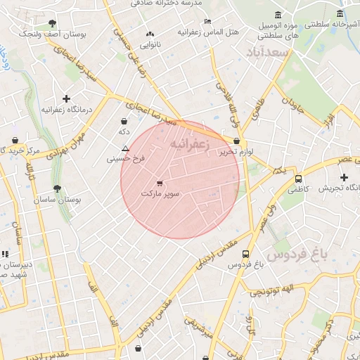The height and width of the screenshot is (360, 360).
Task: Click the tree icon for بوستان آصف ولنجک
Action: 52,22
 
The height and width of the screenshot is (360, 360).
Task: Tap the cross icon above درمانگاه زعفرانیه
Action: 67,99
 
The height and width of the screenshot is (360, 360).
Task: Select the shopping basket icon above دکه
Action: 124,120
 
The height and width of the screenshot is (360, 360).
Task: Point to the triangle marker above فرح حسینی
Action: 125,148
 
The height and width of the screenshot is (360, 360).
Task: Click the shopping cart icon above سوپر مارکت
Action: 160,182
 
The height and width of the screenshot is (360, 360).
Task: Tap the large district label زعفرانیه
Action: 190,143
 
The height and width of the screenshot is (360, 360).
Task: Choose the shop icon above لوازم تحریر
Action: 236,141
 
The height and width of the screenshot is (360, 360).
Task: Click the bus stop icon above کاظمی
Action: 298,179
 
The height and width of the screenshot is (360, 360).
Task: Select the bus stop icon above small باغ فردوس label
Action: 245,255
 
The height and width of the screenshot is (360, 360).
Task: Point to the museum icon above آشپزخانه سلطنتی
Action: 340,13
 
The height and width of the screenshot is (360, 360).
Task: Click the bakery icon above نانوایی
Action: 150,34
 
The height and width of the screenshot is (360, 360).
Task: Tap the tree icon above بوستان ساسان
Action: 58,188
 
